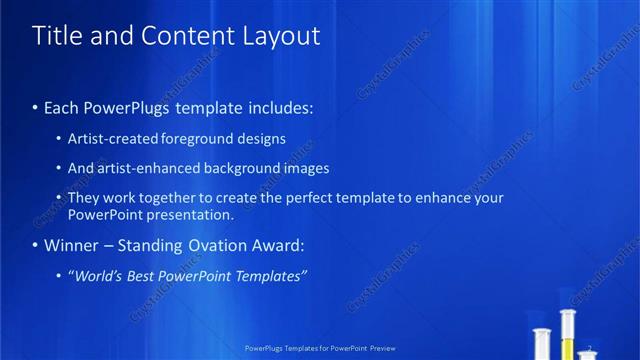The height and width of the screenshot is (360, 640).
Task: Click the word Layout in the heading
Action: tap(281, 37)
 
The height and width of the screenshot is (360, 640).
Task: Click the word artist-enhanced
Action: tap(147, 168)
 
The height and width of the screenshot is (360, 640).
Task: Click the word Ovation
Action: tap(219, 245)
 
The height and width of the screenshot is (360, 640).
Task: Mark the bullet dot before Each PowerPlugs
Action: tap(35, 107)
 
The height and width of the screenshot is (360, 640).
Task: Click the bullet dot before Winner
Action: tap(35, 246)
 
